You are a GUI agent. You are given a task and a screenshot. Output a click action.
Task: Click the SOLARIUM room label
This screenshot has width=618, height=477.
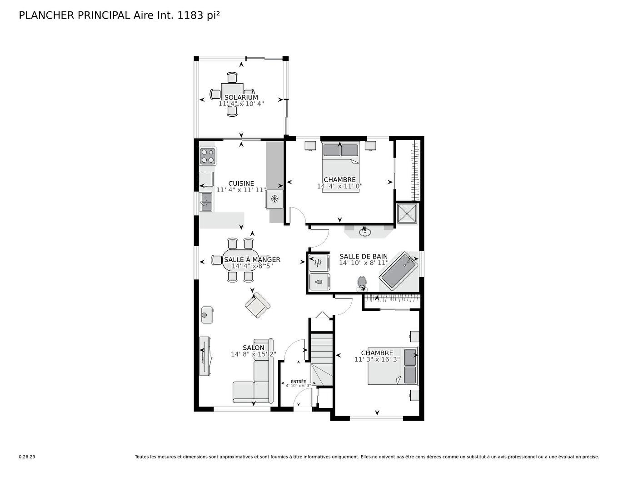pos(241,97)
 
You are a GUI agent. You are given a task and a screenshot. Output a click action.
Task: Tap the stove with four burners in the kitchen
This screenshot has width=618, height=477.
pos(208,156)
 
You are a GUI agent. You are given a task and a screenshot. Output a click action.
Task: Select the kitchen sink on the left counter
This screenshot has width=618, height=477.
pos(206,201)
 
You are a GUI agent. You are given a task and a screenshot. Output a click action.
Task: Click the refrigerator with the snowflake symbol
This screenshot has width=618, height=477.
pos(274,199)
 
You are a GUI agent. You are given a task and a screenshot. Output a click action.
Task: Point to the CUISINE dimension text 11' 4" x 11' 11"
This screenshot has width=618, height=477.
pos(241,190)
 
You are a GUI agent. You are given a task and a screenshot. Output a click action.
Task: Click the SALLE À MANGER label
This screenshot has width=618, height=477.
pos(252,259)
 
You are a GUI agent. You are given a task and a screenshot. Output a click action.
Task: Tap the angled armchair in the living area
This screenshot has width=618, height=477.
pos(257,305)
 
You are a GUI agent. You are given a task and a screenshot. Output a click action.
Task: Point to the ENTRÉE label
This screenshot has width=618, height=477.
pos(298,382)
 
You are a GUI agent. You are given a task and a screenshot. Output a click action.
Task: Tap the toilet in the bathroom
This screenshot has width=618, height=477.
pos(362,283)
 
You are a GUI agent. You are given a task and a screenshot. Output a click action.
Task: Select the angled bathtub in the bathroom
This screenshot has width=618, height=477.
pos(399,271)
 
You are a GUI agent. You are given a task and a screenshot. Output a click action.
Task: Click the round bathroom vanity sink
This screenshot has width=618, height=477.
pos(364,232)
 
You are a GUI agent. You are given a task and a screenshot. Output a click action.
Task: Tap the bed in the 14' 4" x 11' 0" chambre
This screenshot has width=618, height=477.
pos(340,167)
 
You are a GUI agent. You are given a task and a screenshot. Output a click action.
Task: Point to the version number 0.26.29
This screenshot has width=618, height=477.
pos(27,457)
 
